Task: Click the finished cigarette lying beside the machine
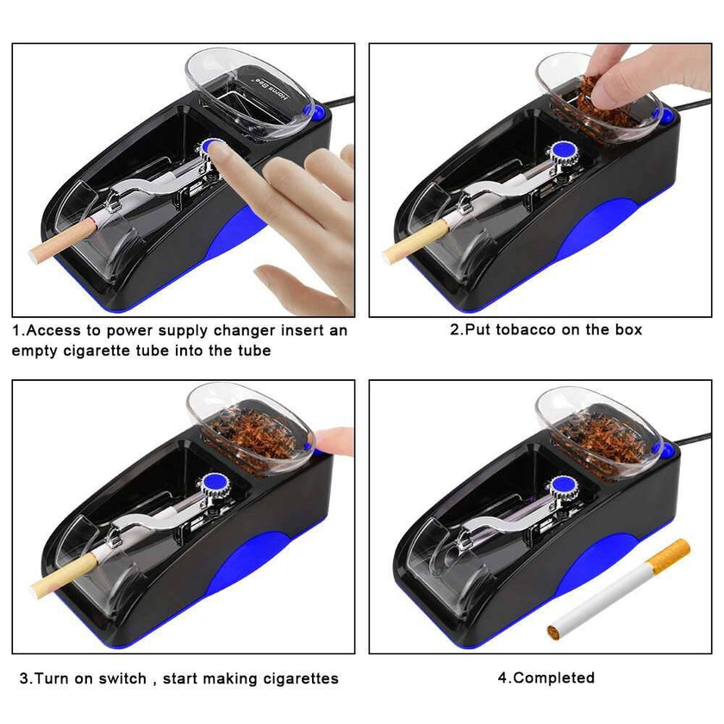pos(619,590)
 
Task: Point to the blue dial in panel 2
pos(566,153)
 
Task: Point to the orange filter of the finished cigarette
pos(671,556)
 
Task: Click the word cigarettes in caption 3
pos(294,678)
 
